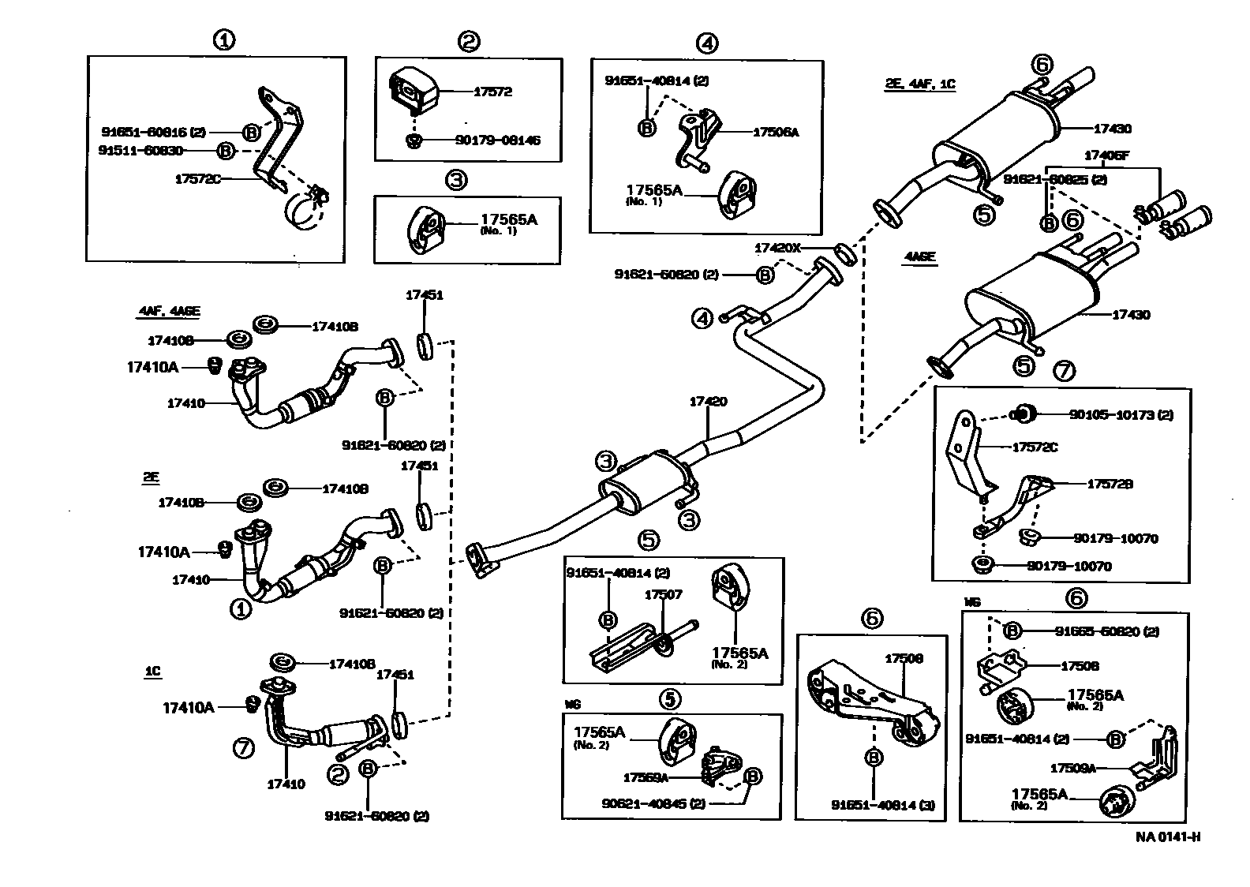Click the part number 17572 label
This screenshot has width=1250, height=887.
pyautogui.click(x=492, y=92)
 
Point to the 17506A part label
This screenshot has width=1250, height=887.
pyautogui.click(x=776, y=133)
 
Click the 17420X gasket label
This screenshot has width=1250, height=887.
pyautogui.click(x=777, y=248)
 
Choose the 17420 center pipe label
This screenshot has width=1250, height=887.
pyautogui.click(x=708, y=402)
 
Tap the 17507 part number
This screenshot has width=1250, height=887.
pyautogui.click(x=663, y=594)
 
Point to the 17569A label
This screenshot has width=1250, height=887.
pyautogui.click(x=646, y=777)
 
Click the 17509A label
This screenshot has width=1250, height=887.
pyautogui.click(x=1072, y=767)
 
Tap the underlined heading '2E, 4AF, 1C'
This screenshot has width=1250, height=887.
pyautogui.click(x=920, y=84)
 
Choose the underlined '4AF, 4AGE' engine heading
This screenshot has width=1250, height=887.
pyautogui.click(x=169, y=311)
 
